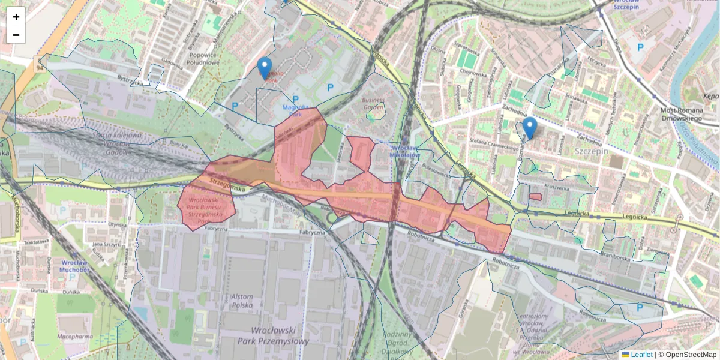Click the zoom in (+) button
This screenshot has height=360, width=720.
click(16, 17)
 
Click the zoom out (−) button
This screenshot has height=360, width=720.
click(16, 35)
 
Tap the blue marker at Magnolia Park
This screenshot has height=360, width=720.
click(264, 68)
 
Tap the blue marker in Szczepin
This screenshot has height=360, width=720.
click(529, 127)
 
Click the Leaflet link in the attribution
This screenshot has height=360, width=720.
click(641, 355)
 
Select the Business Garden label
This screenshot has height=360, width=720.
click(373, 104)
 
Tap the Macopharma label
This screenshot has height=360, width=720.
click(75, 337)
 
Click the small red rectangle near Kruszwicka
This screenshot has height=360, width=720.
click(535, 196)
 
